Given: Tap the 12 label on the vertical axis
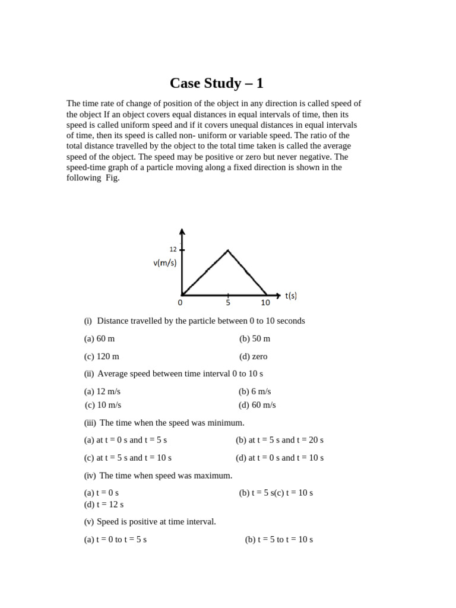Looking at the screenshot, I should click(x=173, y=249).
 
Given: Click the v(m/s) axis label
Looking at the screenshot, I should click(x=164, y=263).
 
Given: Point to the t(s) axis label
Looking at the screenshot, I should click(x=291, y=295).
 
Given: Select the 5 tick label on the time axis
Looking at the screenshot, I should click(x=228, y=302).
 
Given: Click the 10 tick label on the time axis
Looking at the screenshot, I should click(x=265, y=302).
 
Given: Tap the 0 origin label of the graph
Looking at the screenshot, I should click(x=180, y=302).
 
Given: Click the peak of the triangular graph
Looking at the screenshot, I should click(x=228, y=251).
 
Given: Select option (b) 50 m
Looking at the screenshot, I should click(x=255, y=338).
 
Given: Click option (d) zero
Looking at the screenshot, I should click(x=254, y=356).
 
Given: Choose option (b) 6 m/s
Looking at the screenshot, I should click(x=255, y=391).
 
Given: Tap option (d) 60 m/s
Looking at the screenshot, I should click(x=257, y=405).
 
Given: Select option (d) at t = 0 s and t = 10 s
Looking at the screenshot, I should click(x=280, y=458).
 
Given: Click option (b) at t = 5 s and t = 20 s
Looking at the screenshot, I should click(x=280, y=440).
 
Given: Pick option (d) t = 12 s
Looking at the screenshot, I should click(x=104, y=504).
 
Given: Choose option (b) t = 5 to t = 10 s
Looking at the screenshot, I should click(x=279, y=539).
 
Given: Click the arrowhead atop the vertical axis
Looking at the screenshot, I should click(x=182, y=232).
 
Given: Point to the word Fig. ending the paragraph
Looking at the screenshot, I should click(x=112, y=178).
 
